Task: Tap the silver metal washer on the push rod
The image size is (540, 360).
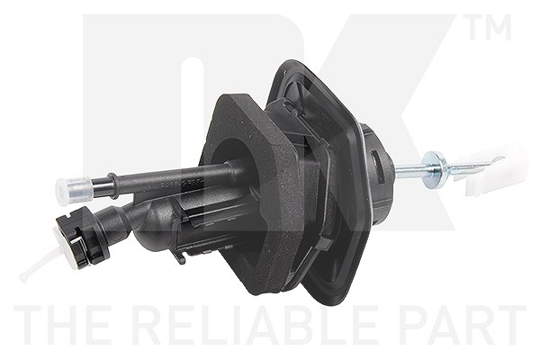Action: pyautogui.click(x=433, y=169)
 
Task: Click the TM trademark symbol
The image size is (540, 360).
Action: pyautogui.click(x=490, y=28)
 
